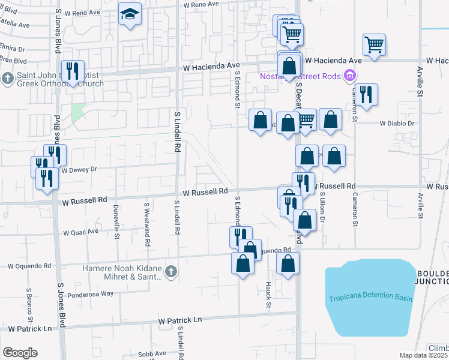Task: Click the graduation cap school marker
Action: pos(130,14)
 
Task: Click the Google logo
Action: pos(20,353)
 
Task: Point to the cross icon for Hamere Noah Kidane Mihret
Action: pos(171,272)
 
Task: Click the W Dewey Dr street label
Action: pos(79,170)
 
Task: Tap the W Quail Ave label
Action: pos(80,232)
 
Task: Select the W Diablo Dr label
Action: pos(397,124)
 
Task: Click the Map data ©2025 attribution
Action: pos(423,355)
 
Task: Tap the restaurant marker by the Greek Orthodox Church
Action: pos(73,71)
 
